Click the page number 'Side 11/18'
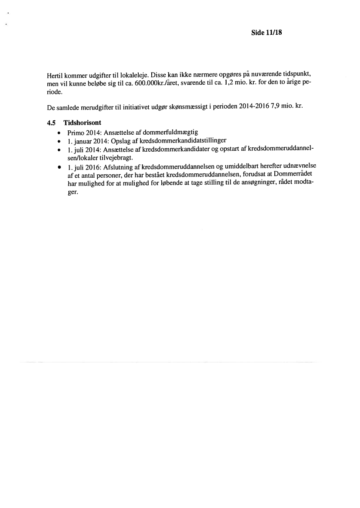point(267,33)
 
